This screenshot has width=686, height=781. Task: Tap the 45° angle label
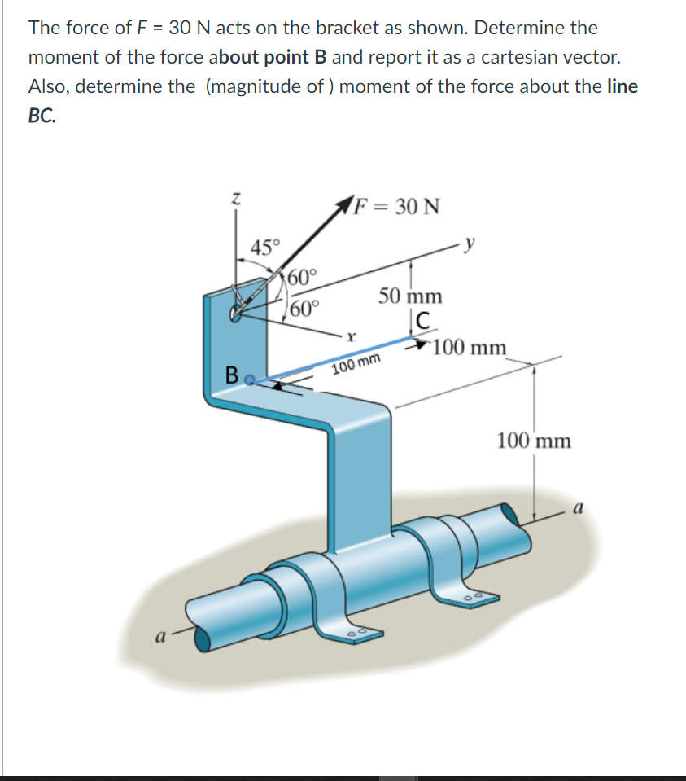coord(264,246)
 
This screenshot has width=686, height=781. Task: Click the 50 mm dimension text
coord(411,295)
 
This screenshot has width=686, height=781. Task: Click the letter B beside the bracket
coord(232,376)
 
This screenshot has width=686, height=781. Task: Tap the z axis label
coord(235,198)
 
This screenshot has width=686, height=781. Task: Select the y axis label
coord(470,242)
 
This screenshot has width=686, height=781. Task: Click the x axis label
coord(350,335)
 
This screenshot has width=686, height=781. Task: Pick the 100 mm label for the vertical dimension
coord(534,441)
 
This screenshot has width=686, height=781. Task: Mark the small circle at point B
coord(250,378)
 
